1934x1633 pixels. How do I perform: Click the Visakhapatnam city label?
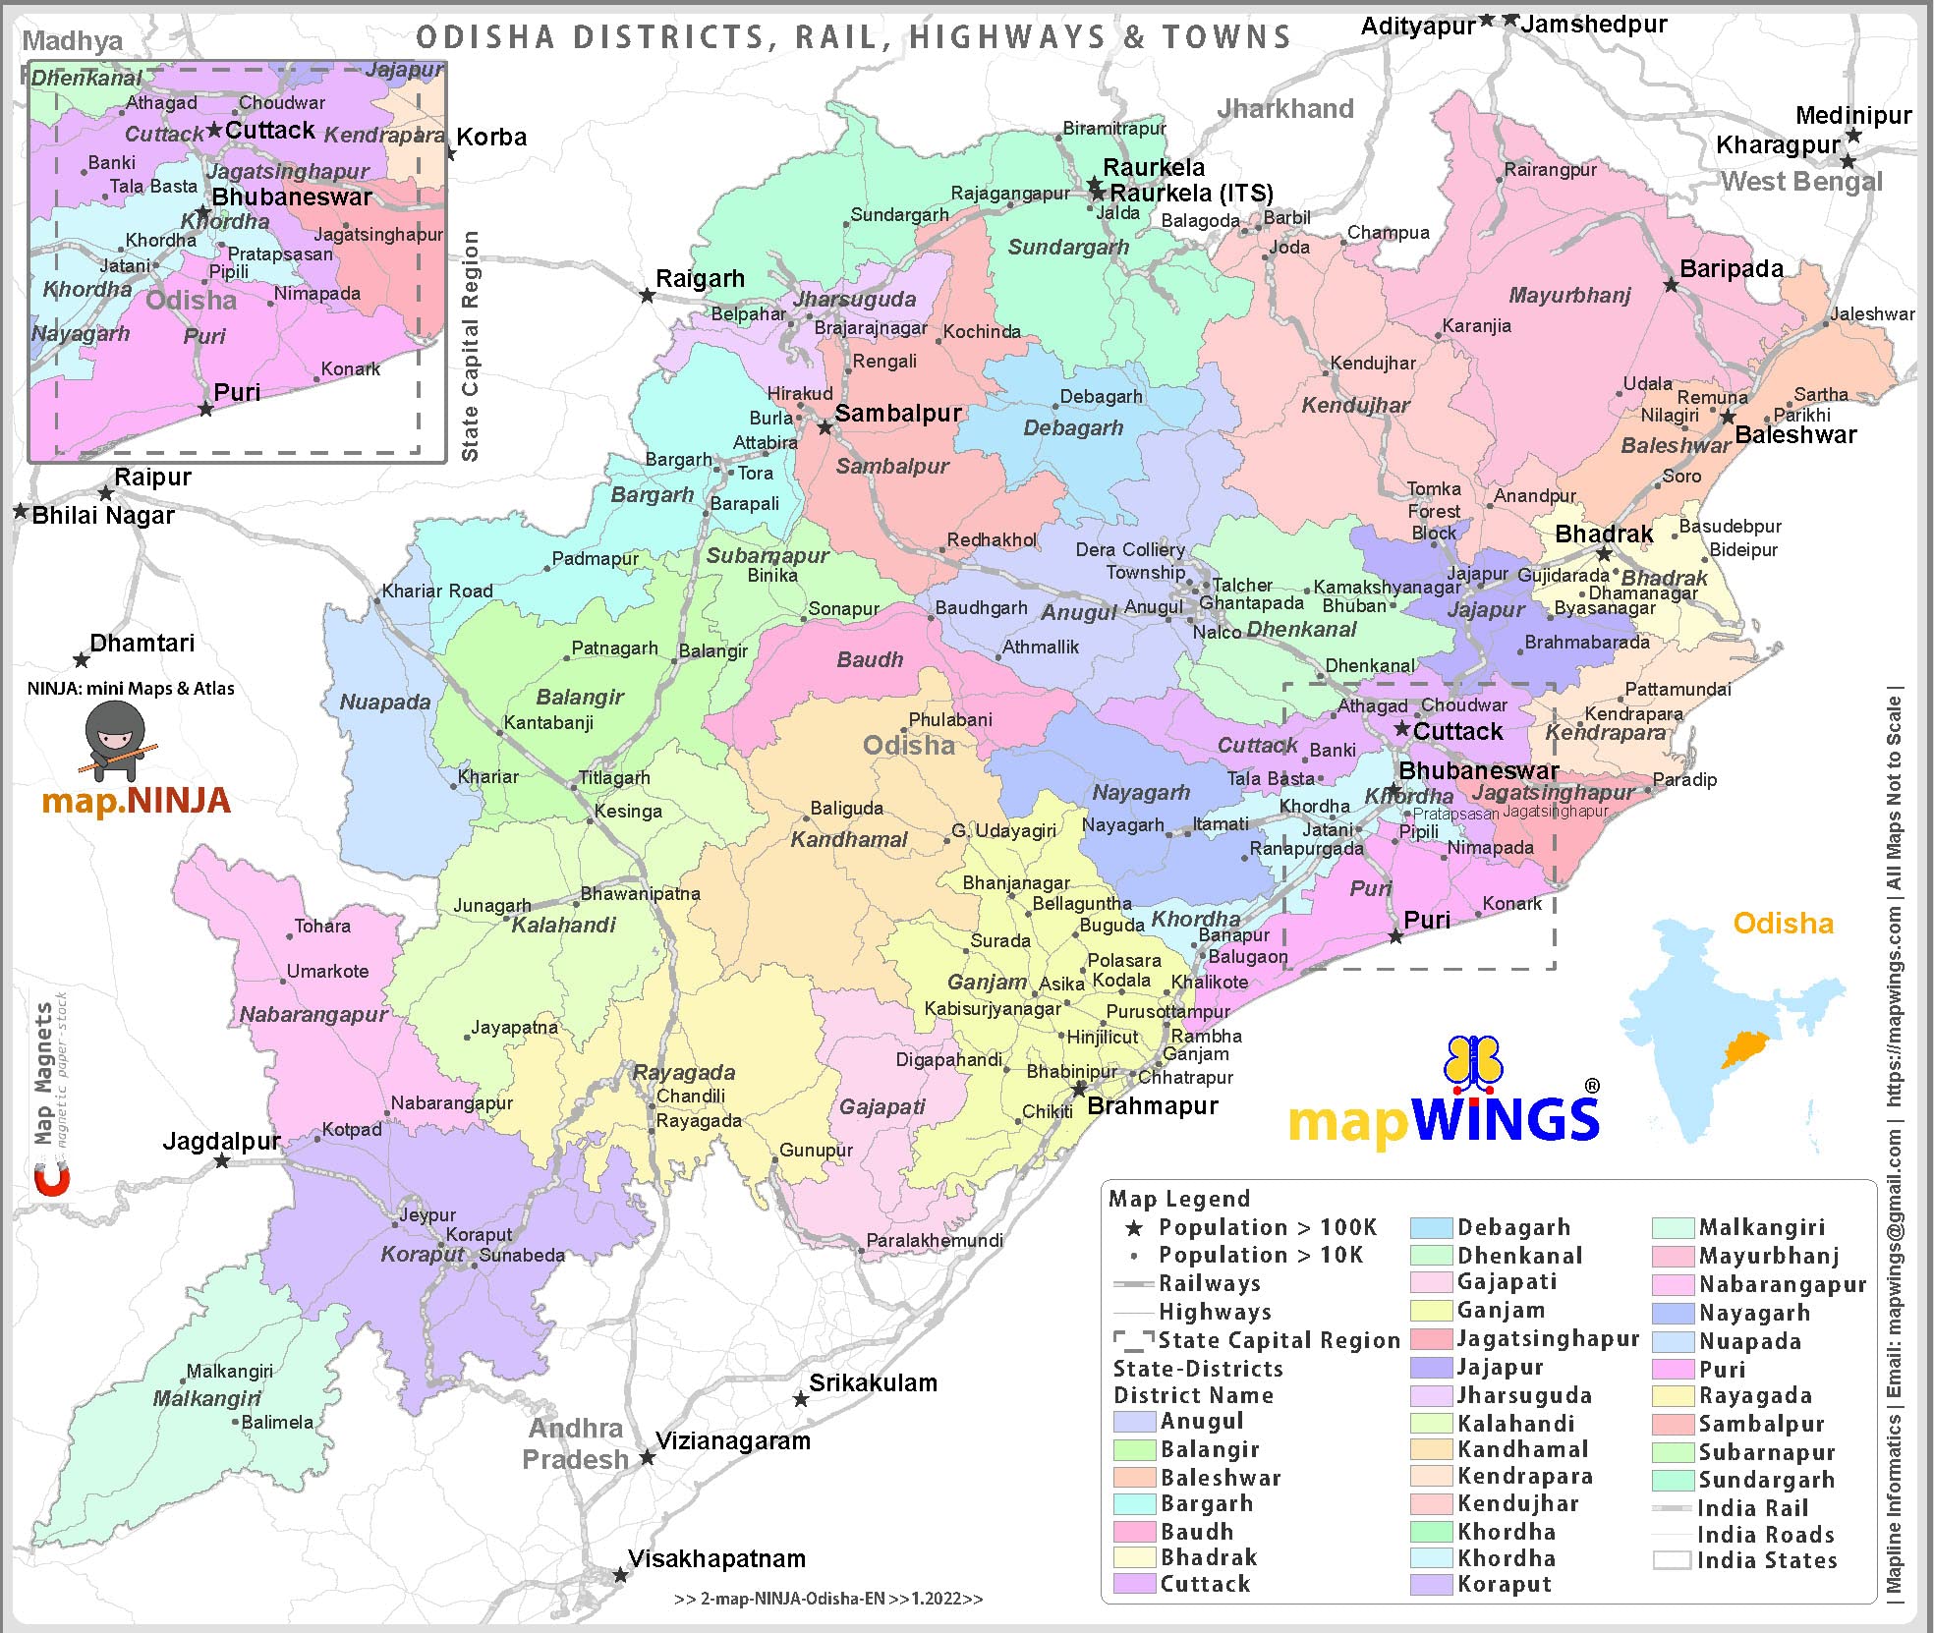(716, 1558)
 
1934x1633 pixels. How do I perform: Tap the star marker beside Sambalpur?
(825, 427)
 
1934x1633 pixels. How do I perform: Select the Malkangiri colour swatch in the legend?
(1673, 1227)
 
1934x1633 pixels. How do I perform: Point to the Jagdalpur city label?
(221, 1141)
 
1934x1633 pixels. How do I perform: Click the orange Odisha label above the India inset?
(1783, 924)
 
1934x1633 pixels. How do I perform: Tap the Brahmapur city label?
(1152, 1105)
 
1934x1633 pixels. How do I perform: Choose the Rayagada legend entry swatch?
(1673, 1396)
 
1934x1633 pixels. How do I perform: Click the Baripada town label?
(1731, 268)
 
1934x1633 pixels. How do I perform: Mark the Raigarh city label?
(700, 278)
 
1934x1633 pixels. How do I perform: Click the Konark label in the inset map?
(351, 368)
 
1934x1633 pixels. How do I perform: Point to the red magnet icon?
(52, 1179)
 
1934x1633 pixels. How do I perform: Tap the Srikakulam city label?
(873, 1382)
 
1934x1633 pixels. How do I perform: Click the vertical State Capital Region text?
(471, 346)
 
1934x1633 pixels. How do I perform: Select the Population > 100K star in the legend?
(1134, 1228)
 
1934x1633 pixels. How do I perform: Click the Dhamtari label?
(142, 643)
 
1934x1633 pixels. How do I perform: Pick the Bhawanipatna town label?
(640, 893)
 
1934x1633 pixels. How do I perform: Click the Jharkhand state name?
(1285, 108)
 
